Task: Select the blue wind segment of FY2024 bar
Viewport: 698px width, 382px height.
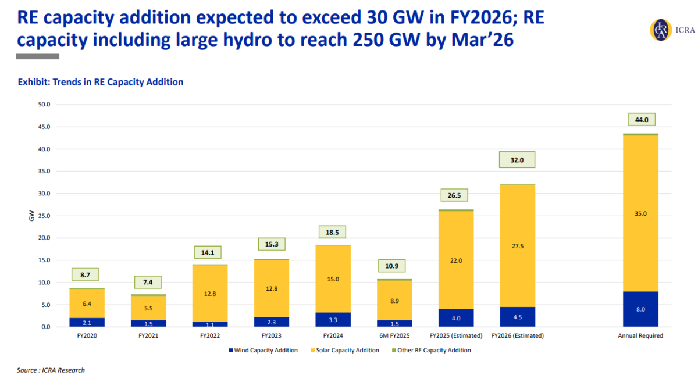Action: pos(333,320)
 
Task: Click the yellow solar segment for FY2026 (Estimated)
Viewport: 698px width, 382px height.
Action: pos(517,245)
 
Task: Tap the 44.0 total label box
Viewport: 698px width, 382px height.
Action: pos(642,120)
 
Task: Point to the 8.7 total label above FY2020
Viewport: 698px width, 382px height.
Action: pos(86,274)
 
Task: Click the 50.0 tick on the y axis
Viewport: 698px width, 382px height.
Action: pos(44,105)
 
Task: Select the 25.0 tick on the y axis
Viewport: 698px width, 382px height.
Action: pos(44,216)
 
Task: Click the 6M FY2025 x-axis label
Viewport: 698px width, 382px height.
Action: pos(394,336)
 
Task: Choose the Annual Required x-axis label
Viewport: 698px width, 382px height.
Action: pos(641,336)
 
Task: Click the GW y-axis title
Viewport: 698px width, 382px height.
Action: pos(31,216)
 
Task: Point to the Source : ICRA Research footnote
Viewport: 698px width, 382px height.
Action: pos(51,370)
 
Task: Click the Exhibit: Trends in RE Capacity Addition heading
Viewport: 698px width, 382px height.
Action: pos(101,82)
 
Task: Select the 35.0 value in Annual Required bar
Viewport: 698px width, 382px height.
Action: pos(641,213)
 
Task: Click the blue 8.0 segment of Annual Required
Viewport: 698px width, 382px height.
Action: pos(641,309)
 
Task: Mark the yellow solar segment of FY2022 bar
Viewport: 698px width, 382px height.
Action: pos(210,294)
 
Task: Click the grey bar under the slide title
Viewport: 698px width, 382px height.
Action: pos(38,56)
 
